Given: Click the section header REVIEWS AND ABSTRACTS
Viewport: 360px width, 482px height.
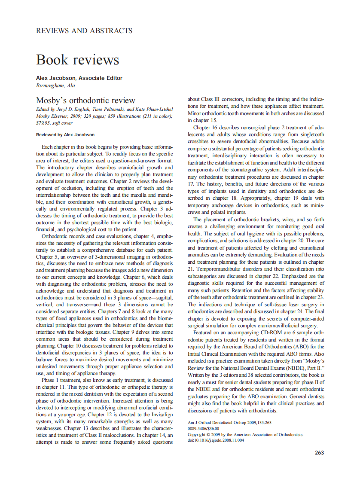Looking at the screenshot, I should pyautogui.click(x=84, y=31).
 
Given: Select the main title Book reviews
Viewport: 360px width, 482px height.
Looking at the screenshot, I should pyautogui.click(x=78, y=60).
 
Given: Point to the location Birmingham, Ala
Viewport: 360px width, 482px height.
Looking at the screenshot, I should pyautogui.click(x=55, y=85).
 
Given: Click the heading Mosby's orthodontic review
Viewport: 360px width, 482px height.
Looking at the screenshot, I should pyautogui.click(x=85, y=101).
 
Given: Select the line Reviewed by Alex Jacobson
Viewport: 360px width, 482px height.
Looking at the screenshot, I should pyautogui.click(x=65, y=134).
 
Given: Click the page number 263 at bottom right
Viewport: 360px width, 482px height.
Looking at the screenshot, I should pyautogui.click(x=319, y=452).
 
